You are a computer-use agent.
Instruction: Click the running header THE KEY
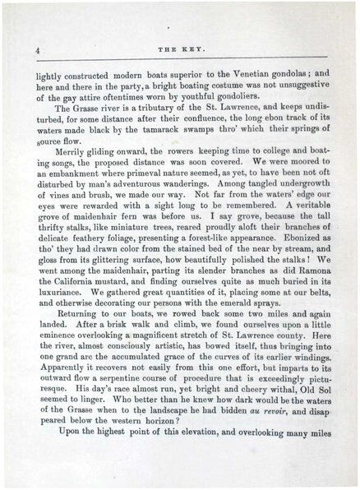click(x=181, y=51)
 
